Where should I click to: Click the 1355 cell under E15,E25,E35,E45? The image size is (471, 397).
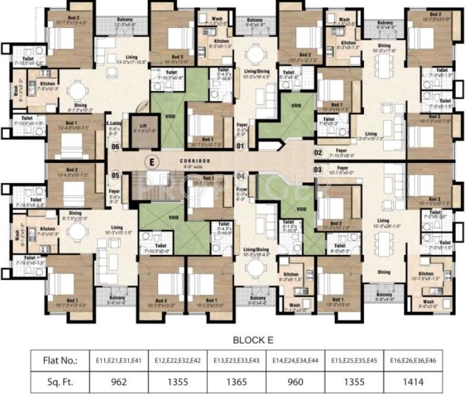(358, 382)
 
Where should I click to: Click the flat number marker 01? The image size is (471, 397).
(241, 146)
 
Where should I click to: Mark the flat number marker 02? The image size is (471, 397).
(318, 152)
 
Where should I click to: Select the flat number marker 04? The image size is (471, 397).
(241, 176)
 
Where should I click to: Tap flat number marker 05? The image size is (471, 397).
(115, 175)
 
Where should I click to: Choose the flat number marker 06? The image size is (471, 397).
(115, 147)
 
